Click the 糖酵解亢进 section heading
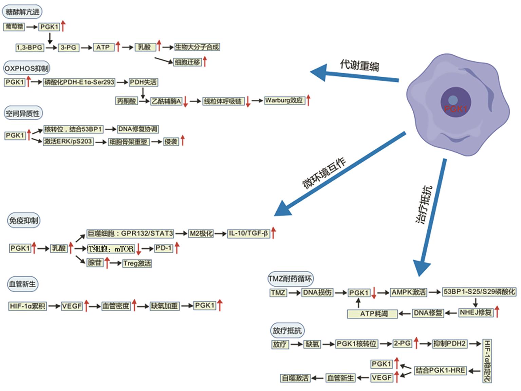tap(22, 12)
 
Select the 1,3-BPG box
tap(30, 48)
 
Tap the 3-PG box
tap(69, 48)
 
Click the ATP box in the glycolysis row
tap(103, 47)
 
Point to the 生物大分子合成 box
tap(197, 47)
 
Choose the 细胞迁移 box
tap(187, 62)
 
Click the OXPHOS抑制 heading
tap(26, 68)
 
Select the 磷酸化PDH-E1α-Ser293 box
tap(79, 82)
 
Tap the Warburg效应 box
tap(284, 100)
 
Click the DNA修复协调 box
tap(138, 129)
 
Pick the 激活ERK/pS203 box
tap(68, 142)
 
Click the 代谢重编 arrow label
tap(359, 65)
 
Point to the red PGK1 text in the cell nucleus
tap(455, 109)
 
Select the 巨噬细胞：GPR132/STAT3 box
tap(130, 234)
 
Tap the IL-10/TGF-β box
tap(248, 234)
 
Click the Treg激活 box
tap(137, 263)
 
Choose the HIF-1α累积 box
tap(27, 306)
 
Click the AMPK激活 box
tap(409, 292)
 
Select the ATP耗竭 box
tap(372, 314)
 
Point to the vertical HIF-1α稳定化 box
tap(487, 361)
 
